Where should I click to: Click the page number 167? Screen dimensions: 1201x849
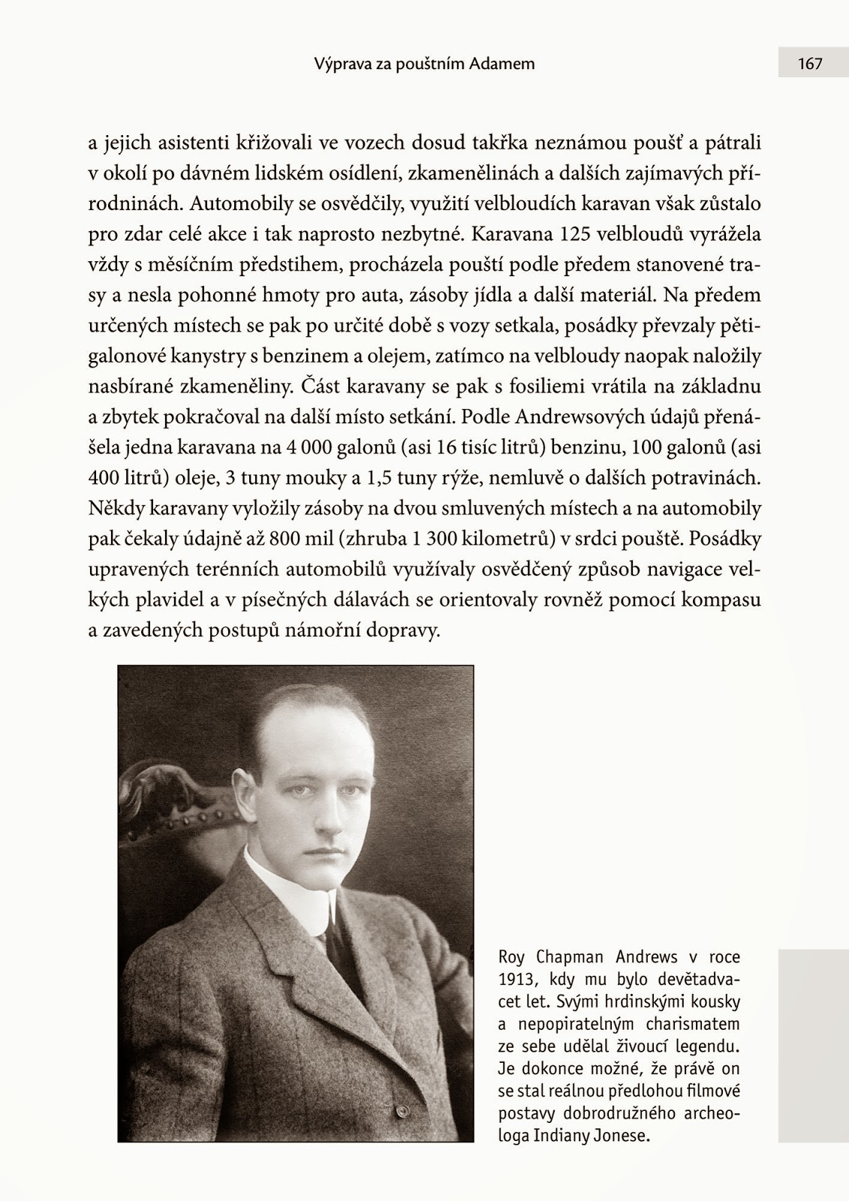[810, 64]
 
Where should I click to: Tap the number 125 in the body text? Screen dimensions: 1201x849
[576, 234]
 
